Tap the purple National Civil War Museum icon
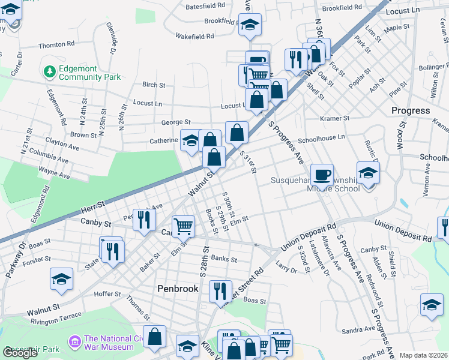(75, 342)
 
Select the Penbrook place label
(178, 289)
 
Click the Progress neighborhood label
(411, 110)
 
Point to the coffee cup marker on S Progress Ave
(322, 174)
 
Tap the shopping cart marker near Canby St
(184, 226)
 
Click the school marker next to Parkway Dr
(61, 281)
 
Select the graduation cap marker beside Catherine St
(190, 141)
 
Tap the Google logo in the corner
(20, 353)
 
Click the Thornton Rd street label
(56, 45)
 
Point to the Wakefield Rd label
(194, 36)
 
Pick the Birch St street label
(154, 85)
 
